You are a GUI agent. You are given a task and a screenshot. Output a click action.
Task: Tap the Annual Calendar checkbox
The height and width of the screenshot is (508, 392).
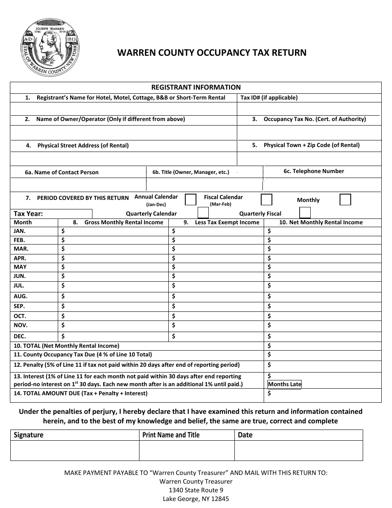190,200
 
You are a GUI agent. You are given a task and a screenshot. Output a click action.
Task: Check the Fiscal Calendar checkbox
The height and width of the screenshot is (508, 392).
267,200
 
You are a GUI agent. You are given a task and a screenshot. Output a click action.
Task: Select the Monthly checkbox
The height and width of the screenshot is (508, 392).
345,200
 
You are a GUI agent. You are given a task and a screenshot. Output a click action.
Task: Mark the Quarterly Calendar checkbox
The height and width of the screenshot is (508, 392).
203,213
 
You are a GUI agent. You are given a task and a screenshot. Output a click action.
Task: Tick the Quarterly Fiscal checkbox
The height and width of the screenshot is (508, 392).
305,213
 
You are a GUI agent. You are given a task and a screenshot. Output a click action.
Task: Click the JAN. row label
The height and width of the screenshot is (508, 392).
20,231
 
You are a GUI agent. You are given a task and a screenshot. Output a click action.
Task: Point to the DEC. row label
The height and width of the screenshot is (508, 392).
20,336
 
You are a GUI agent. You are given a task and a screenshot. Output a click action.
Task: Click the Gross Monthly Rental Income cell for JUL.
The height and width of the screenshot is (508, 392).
114,285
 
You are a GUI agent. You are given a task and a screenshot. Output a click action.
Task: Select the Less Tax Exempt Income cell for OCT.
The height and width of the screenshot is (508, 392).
216,316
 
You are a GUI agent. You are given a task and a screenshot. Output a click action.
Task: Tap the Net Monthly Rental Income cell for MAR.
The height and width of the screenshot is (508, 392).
322,249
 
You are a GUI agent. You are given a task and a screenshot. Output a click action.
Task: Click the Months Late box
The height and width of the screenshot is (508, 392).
285,384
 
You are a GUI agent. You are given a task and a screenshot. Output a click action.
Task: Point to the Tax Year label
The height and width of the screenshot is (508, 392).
28,214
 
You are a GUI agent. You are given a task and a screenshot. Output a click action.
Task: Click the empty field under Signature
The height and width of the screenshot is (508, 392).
75,450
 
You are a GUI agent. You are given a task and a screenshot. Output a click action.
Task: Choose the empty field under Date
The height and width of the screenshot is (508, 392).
298,450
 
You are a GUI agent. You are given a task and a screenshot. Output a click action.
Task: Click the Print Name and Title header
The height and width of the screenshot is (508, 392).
171,435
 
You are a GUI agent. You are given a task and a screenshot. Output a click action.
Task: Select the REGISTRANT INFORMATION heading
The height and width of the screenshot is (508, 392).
196,87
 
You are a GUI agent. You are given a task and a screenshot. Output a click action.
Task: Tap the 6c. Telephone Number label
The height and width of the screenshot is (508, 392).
314,171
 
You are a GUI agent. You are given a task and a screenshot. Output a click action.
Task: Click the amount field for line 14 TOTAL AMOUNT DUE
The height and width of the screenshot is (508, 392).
322,394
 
